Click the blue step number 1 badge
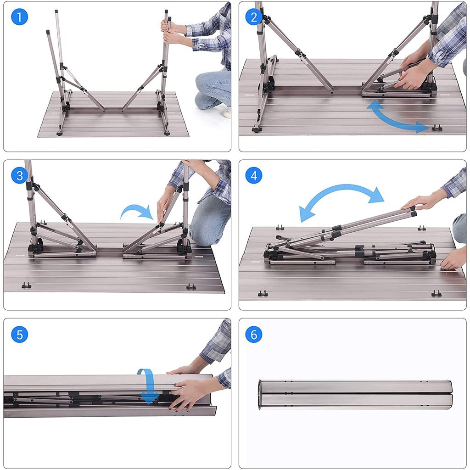coord(19,17)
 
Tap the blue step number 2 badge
coord(253,17)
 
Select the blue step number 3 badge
coord(19,175)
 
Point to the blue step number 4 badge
coord(253,175)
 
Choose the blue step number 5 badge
coord(19,334)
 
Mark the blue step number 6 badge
coord(253,334)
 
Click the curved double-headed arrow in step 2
coord(393,119)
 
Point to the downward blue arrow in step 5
coord(149,386)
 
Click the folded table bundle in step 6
coord(355,395)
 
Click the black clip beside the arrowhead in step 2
coord(437,128)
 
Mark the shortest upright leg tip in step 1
coord(48,32)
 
